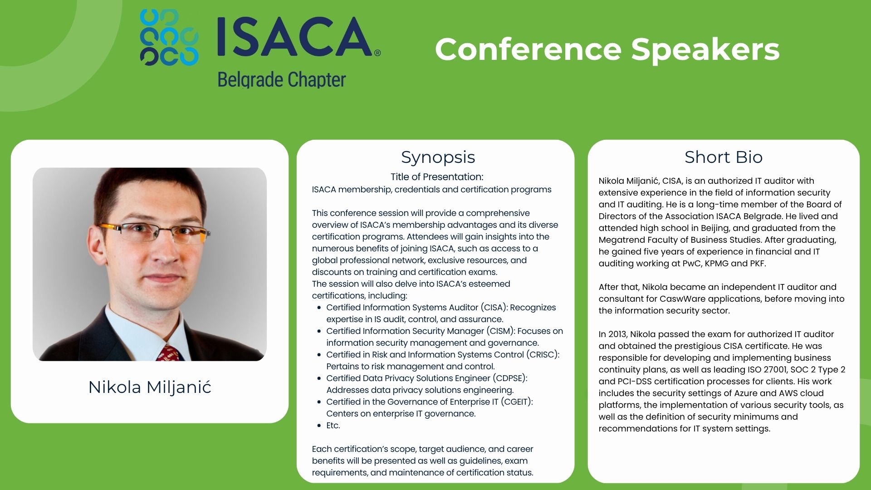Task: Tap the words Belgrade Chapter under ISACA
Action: [282, 80]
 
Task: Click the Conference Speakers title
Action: [607, 49]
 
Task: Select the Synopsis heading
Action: [438, 157]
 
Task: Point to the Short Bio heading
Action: [724, 157]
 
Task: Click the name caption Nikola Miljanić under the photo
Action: [150, 387]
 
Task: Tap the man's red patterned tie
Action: [171, 353]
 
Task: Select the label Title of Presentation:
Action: [437, 177]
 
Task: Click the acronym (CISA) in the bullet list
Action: [494, 308]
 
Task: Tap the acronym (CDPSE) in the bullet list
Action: [509, 378]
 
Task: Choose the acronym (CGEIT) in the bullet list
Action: [516, 402]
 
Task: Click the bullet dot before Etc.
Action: [319, 426]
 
